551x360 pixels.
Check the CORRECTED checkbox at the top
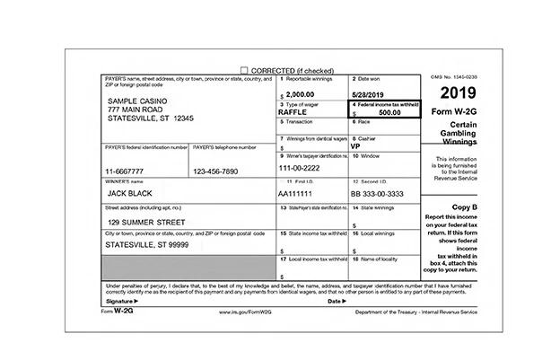tap(244, 70)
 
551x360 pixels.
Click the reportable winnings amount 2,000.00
tap(304, 93)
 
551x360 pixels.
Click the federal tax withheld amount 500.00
tap(389, 112)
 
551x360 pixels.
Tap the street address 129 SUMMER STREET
tap(147, 221)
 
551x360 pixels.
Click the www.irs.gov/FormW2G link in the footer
tap(248, 312)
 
